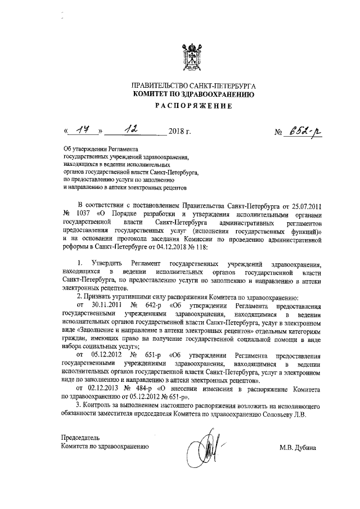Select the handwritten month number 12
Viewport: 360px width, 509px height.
133,131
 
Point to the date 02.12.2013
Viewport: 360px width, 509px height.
99,388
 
